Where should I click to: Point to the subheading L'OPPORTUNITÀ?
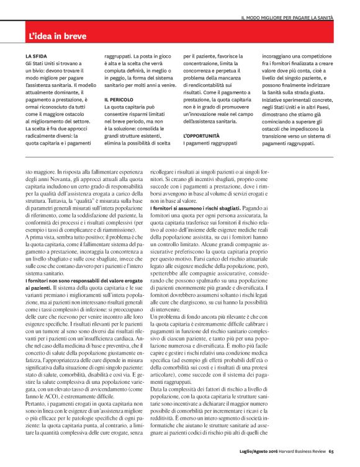pos(202,135)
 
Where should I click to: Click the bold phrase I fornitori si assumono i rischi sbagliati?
pos(196,210)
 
